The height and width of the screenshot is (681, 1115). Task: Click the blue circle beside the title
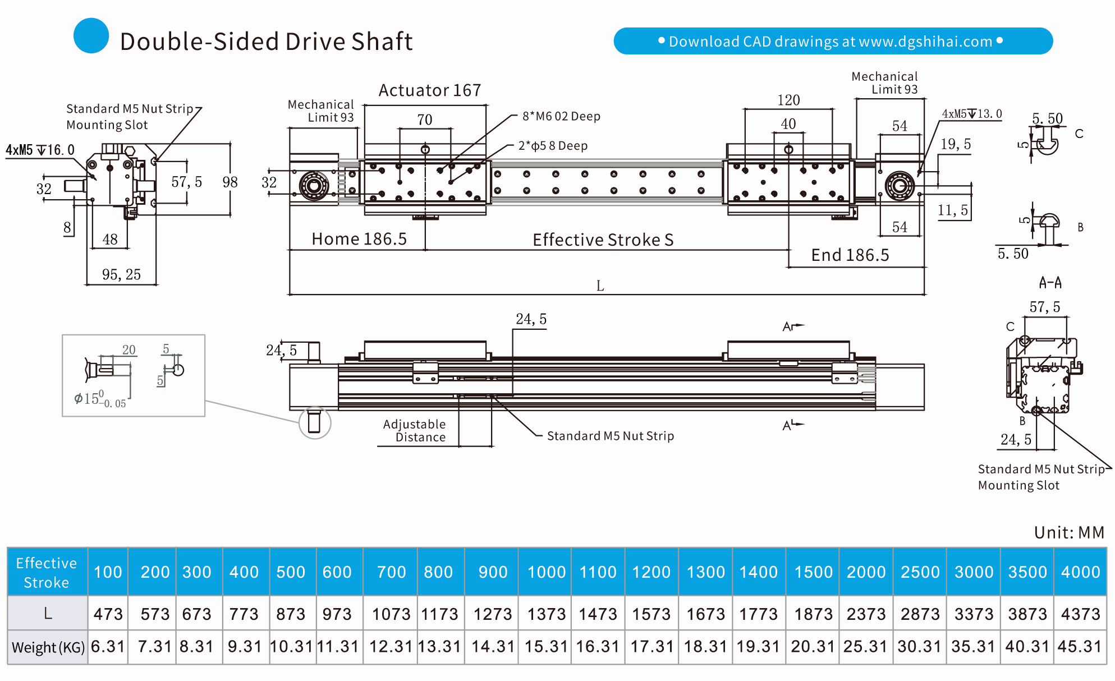(91, 36)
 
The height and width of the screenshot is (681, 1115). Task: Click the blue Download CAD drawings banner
(833, 41)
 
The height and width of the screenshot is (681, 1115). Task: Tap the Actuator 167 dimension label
(430, 90)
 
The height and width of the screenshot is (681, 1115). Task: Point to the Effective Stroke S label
(603, 240)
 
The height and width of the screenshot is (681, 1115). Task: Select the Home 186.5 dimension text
(359, 239)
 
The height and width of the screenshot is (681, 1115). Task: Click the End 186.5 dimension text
(850, 255)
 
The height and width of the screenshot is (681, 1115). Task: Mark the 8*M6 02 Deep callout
(561, 116)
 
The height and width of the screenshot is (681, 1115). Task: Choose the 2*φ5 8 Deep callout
(553, 146)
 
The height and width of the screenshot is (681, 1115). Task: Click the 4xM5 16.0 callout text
(40, 150)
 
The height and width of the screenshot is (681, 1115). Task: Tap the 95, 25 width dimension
(121, 274)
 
